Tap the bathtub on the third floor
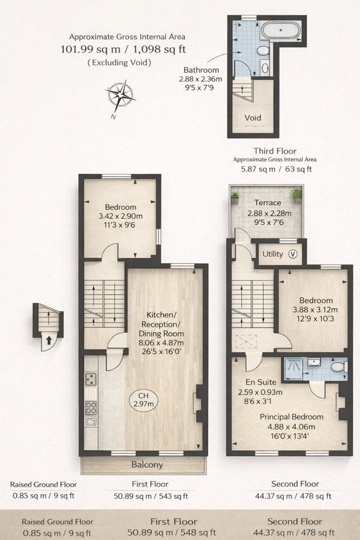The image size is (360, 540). coord(281,30)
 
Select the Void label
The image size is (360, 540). coord(253,118)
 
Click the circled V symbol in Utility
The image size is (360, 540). coord(293,254)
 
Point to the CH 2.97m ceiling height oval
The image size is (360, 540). coord(143,400)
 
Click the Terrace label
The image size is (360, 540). coord(268,202)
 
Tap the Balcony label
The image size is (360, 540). coord(147,465)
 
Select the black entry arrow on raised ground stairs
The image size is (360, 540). coord(49,340)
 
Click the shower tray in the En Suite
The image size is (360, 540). coord(293,369)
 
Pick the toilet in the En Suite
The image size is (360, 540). coord(339,366)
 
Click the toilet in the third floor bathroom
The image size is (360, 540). coord(263,51)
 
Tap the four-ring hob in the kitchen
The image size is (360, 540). coord(91,408)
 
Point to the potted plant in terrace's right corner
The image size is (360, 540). coord(296,195)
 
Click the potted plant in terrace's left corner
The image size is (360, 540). coord(235,196)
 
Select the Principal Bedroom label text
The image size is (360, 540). coord(291,417)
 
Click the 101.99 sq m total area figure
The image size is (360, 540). coord(91,49)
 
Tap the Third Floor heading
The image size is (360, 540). coord(275,151)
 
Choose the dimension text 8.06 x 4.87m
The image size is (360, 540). coord(161,343)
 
